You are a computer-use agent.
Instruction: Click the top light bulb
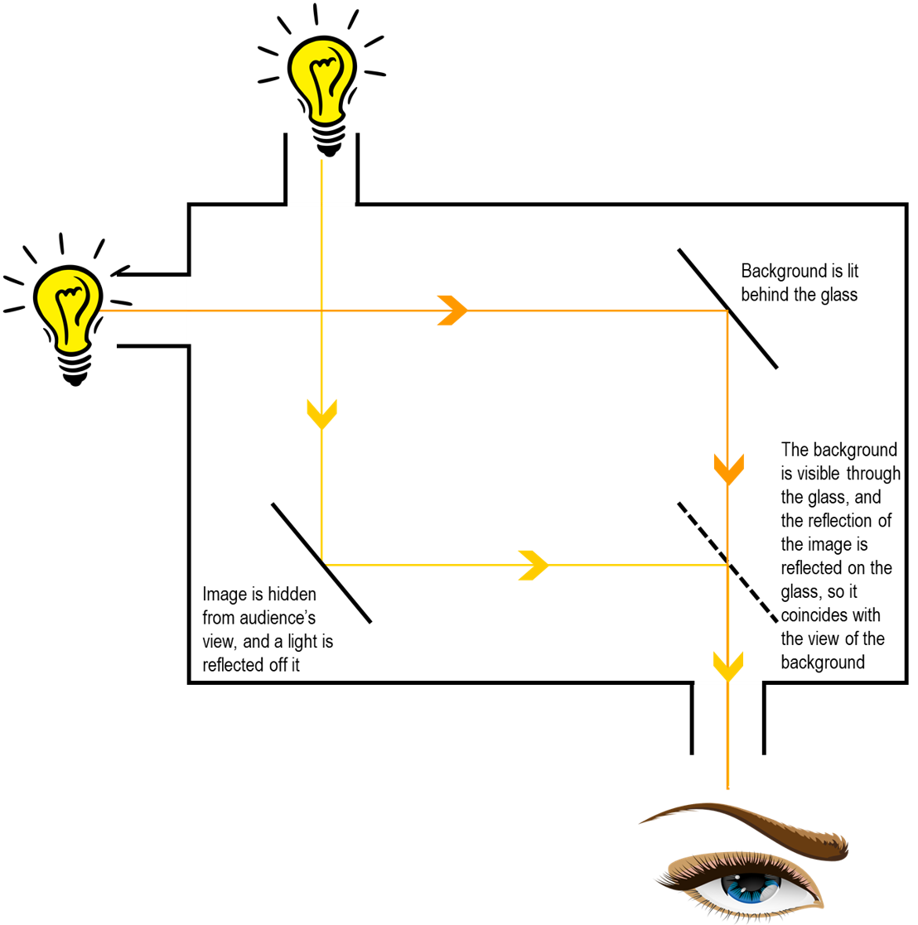tap(321, 79)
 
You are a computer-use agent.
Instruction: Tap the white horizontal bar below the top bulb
tap(321, 204)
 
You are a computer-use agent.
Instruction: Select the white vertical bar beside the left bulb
tap(189, 311)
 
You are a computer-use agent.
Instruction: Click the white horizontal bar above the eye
tap(727, 683)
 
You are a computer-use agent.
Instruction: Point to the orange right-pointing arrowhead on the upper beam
tap(452, 310)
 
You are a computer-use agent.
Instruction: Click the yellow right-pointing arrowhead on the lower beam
tap(533, 565)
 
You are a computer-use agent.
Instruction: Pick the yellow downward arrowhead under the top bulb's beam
tap(321, 412)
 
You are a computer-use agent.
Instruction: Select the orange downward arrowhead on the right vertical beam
tap(728, 469)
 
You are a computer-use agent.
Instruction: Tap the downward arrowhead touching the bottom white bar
tap(727, 666)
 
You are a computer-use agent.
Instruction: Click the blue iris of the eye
tap(750, 888)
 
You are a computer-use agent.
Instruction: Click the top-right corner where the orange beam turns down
tap(727, 311)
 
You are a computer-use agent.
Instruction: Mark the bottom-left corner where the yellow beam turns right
tap(322, 565)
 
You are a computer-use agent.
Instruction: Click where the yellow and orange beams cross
tap(321, 311)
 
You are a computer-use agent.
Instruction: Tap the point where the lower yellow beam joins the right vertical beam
tap(727, 565)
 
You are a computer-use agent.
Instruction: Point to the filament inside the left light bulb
tap(70, 306)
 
